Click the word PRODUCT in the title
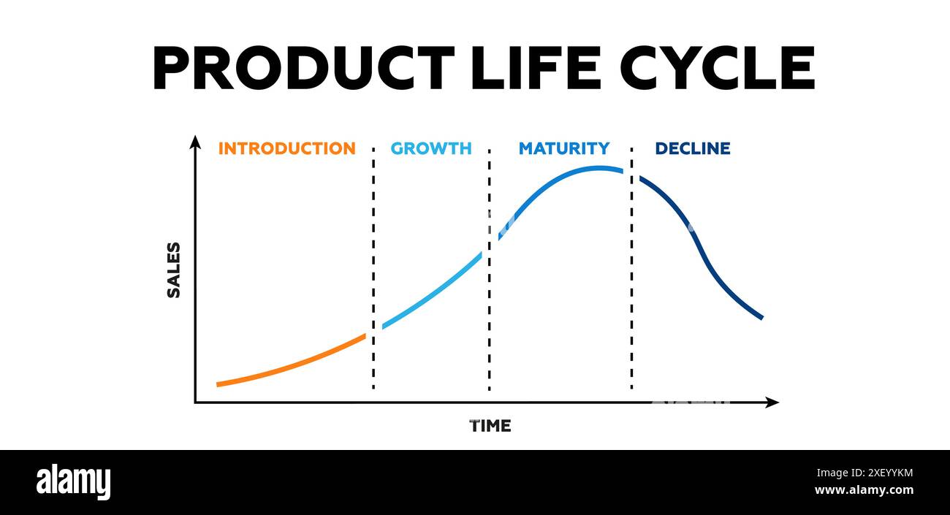click(x=303, y=68)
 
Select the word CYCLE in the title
click(x=717, y=68)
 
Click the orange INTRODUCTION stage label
click(x=286, y=148)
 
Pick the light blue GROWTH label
click(x=431, y=148)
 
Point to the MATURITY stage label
click(x=563, y=148)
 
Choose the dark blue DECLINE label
click(x=692, y=148)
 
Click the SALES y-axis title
click(x=174, y=270)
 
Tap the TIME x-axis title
click(x=490, y=426)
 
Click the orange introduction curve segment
click(x=292, y=363)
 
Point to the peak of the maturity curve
click(x=598, y=168)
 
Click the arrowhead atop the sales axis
click(x=195, y=141)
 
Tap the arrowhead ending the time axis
click(x=772, y=403)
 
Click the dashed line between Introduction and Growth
click(x=373, y=270)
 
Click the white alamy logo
click(x=73, y=482)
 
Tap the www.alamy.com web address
click(x=863, y=490)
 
